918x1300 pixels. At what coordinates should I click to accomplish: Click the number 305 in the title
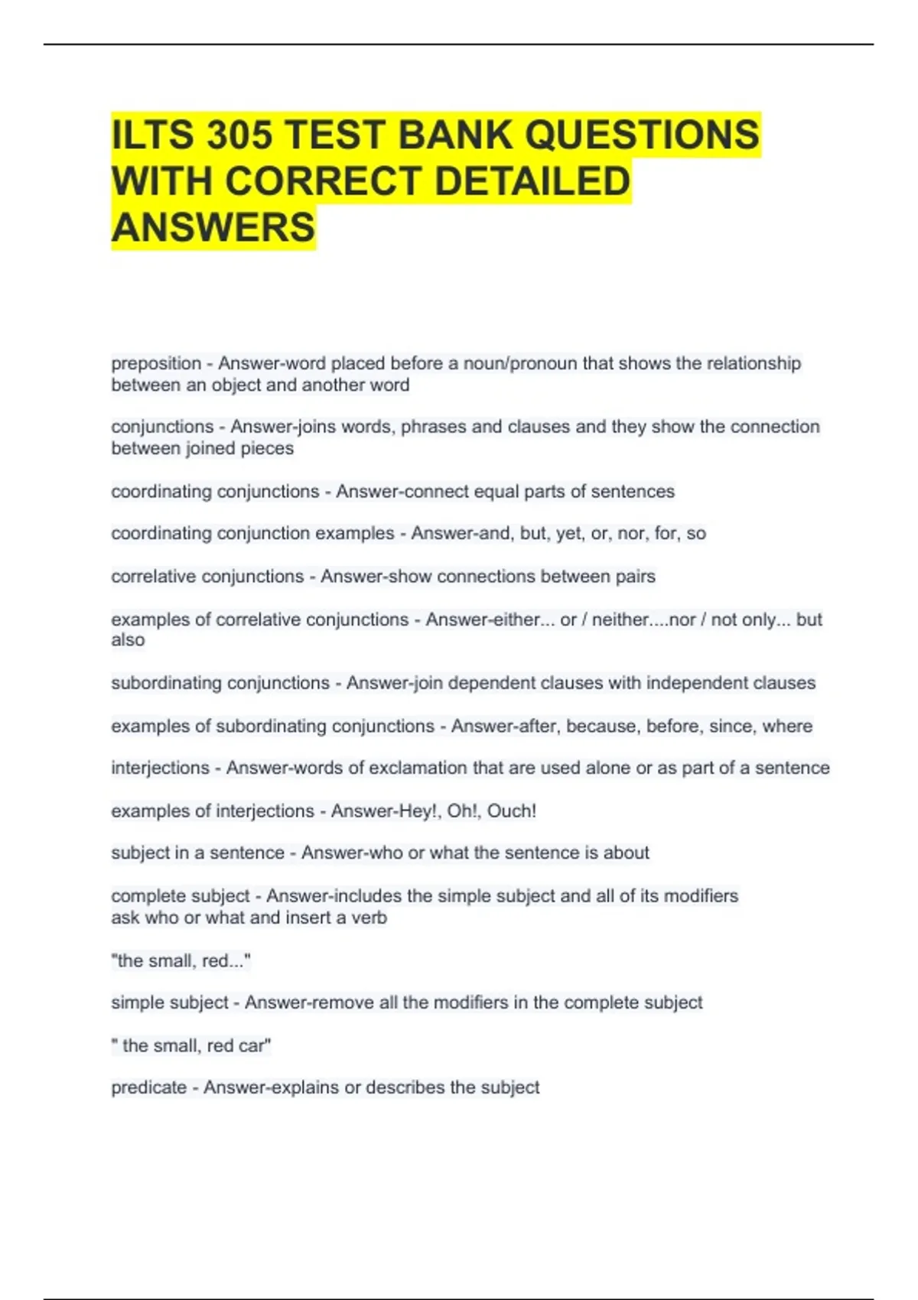click(x=239, y=135)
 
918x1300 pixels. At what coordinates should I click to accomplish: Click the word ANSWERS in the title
click(x=213, y=228)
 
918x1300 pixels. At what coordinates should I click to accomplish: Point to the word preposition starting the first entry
click(x=156, y=363)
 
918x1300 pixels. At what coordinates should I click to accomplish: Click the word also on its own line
click(x=128, y=640)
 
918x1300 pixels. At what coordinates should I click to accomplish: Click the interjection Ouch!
click(x=512, y=811)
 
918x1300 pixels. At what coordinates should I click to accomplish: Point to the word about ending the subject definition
click(x=626, y=853)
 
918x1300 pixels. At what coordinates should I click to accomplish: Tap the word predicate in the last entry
click(x=148, y=1087)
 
